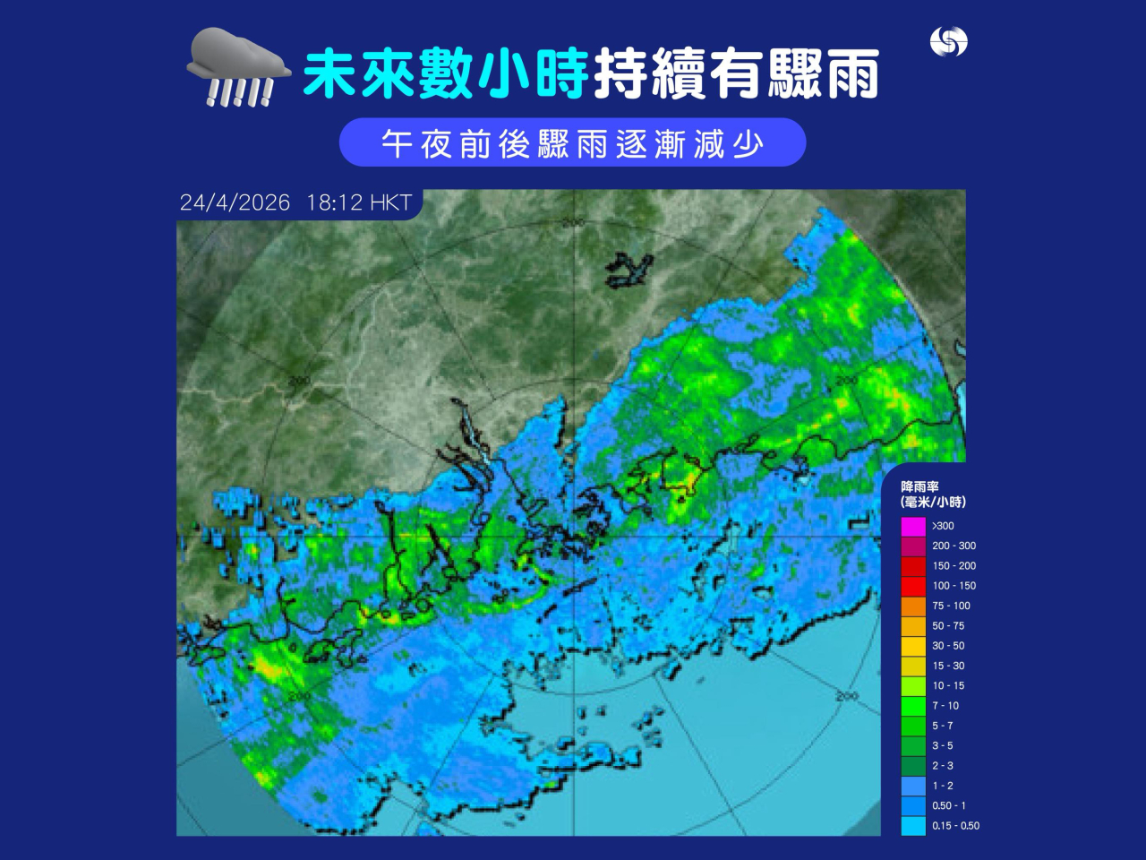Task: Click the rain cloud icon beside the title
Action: [x=237, y=67]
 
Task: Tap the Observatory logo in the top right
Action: [x=948, y=41]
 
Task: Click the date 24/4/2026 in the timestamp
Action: [x=235, y=202]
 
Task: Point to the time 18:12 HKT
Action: [x=358, y=202]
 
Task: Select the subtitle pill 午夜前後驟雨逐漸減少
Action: [x=572, y=142]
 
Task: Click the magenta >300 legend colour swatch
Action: [x=912, y=526]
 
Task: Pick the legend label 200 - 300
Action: [x=954, y=546]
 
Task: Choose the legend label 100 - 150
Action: [x=954, y=586]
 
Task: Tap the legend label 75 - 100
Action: [x=951, y=606]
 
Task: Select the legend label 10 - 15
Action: [x=948, y=685]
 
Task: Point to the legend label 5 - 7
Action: [x=942, y=726]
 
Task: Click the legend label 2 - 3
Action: [x=942, y=766]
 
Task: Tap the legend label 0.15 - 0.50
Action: [x=955, y=826]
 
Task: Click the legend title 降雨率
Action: [x=919, y=486]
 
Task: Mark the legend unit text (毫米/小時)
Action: [x=933, y=502]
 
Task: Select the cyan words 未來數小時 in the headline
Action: [x=445, y=73]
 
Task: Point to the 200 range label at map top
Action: [x=573, y=222]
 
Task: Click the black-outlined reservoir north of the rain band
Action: [x=629, y=270]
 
